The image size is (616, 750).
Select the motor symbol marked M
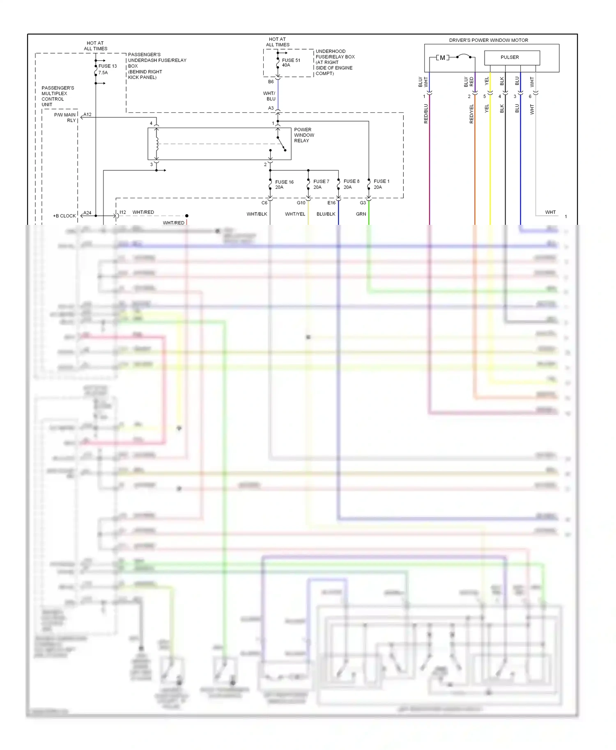click(442, 57)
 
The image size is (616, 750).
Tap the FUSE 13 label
click(108, 66)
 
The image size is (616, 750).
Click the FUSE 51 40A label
click(291, 62)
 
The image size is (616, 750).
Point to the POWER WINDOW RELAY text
click(303, 135)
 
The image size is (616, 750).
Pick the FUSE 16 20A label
click(284, 184)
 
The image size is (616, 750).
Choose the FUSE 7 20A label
click(321, 184)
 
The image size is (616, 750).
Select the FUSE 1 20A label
click(381, 184)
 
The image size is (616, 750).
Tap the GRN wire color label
click(361, 214)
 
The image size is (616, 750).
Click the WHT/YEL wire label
click(295, 214)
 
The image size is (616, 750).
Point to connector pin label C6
click(264, 203)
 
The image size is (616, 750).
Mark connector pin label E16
click(331, 203)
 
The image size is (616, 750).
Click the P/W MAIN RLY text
click(65, 117)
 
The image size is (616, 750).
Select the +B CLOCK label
click(64, 216)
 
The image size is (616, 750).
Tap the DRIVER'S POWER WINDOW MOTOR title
click(488, 40)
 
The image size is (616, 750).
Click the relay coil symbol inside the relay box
click(156, 144)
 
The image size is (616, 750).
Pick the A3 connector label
click(271, 108)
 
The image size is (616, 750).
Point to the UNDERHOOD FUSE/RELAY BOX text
click(335, 62)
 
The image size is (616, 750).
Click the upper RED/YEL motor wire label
click(471, 114)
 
